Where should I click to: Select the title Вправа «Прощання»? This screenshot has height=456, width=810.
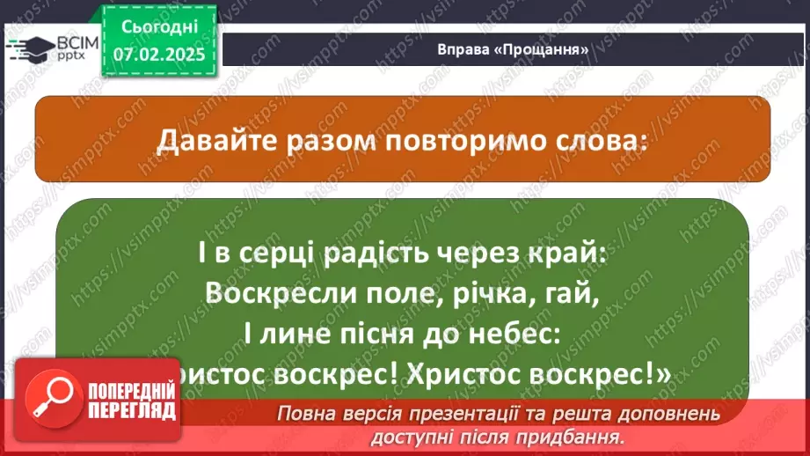coord(513,49)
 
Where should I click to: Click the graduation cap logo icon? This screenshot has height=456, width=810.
coord(30,48)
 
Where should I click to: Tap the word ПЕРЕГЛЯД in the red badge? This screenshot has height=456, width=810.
coord(132,411)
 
